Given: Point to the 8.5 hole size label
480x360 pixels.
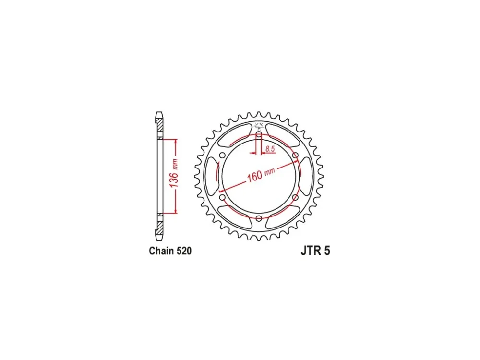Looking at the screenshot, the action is (x=270, y=149).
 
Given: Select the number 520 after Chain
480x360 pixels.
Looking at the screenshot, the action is (x=184, y=251).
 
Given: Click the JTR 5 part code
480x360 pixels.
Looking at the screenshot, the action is (x=316, y=251).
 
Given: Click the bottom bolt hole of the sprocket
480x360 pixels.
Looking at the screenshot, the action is (x=259, y=218).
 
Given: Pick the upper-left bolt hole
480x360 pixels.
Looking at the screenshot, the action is (x=222, y=155).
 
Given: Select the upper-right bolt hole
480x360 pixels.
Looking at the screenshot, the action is (x=295, y=155).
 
